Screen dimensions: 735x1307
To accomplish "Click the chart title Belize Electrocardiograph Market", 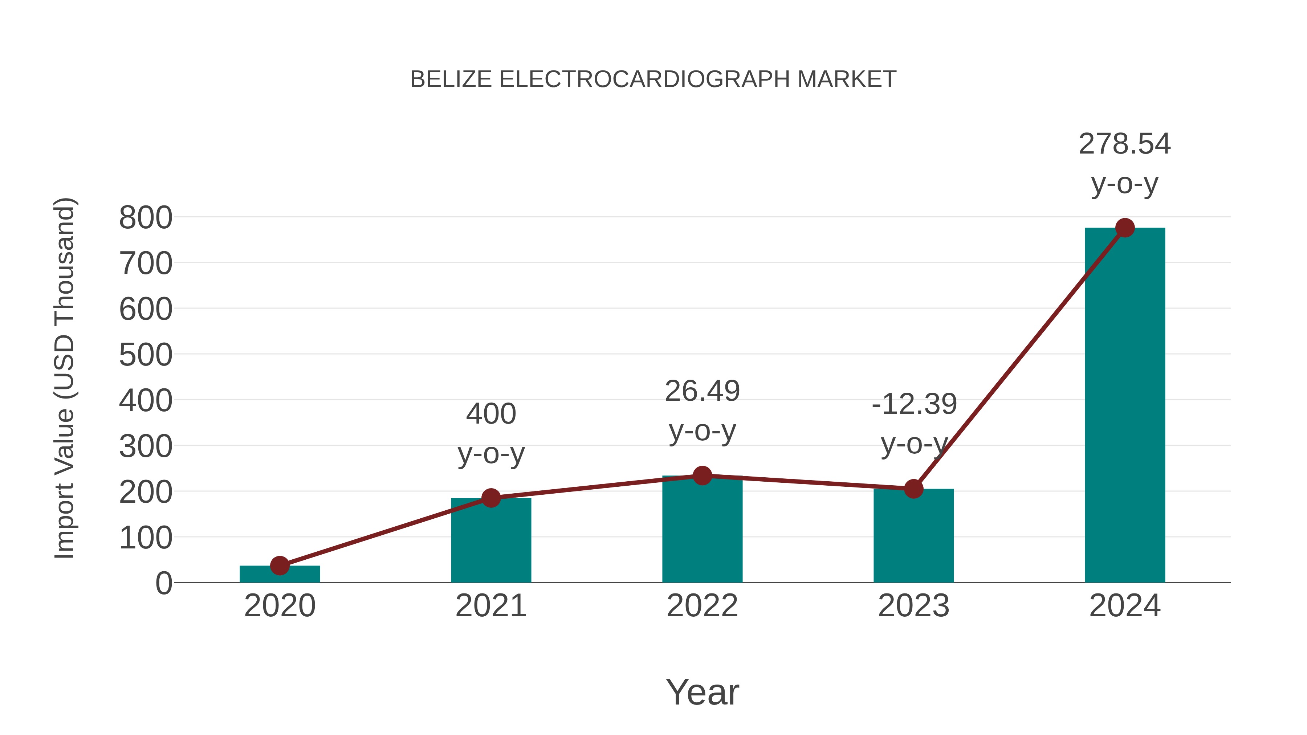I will point(653,79).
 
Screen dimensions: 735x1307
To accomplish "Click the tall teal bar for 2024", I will point(1125,406).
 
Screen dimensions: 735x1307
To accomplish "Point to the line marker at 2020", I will point(280,565).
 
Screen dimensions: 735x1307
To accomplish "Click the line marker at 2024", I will point(1125,228).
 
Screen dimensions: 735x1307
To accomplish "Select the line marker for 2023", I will point(913,489).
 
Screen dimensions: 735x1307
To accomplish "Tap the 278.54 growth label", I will point(1124,144).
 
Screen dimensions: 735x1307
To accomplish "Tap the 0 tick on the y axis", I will point(163,583).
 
